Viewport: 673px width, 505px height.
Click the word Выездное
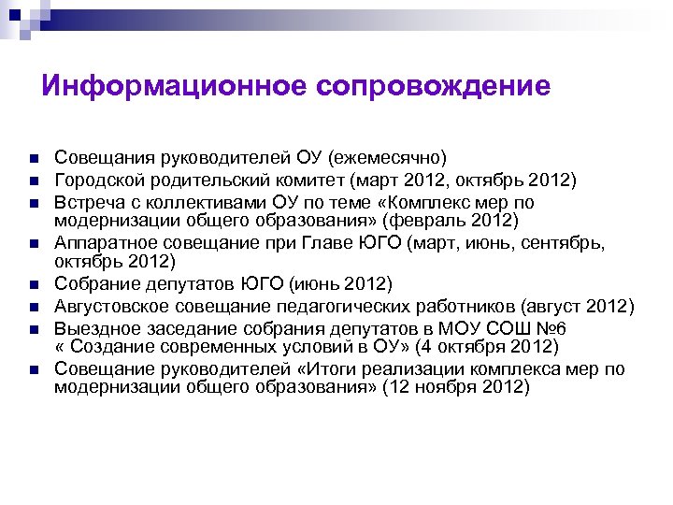click(x=96, y=327)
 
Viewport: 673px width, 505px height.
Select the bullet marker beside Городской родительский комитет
click(x=32, y=180)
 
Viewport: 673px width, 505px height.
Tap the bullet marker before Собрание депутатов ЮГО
click(x=32, y=283)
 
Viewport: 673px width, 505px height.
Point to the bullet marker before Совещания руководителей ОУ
click(x=32, y=157)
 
